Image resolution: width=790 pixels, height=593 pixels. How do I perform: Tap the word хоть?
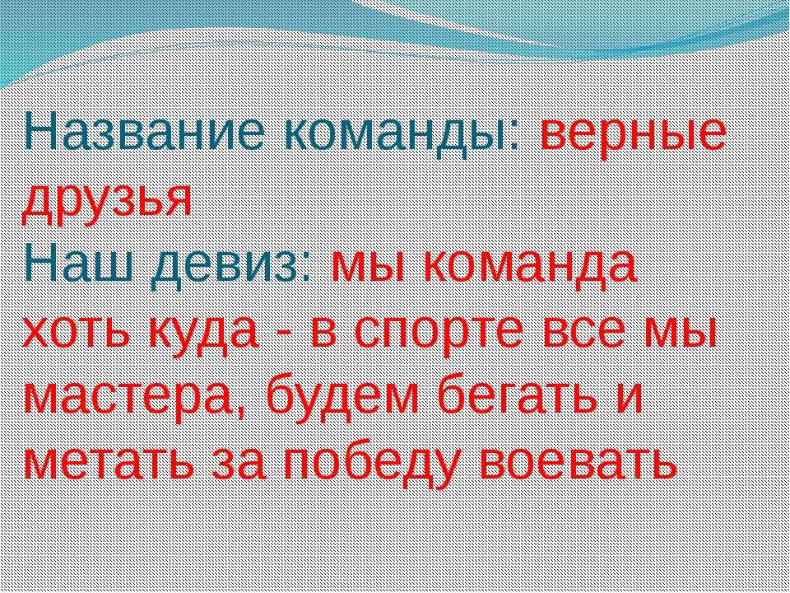(80, 332)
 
